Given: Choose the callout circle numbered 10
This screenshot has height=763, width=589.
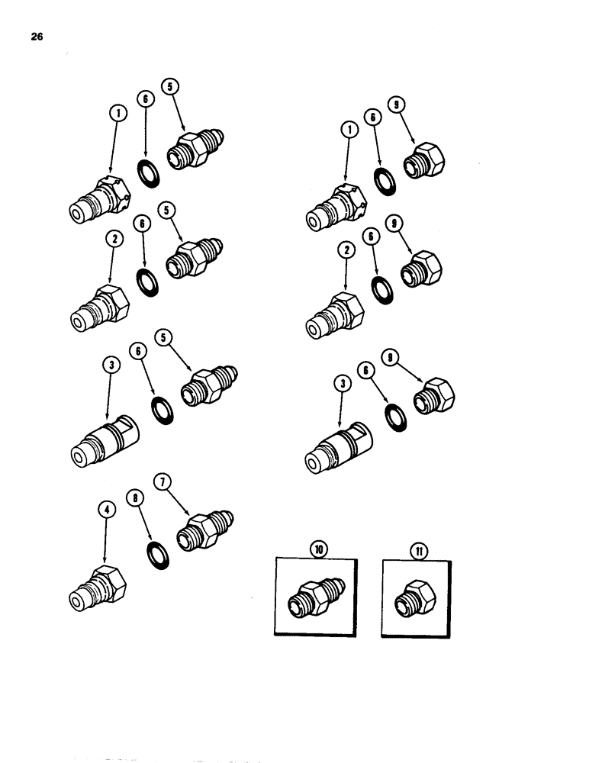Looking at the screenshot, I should tap(317, 549).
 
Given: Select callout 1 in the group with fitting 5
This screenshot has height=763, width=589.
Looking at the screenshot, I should tap(117, 114).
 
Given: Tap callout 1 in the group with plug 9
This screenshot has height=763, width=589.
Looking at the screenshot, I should tap(349, 130).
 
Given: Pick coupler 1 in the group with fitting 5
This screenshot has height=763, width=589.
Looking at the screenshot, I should tap(99, 202).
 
